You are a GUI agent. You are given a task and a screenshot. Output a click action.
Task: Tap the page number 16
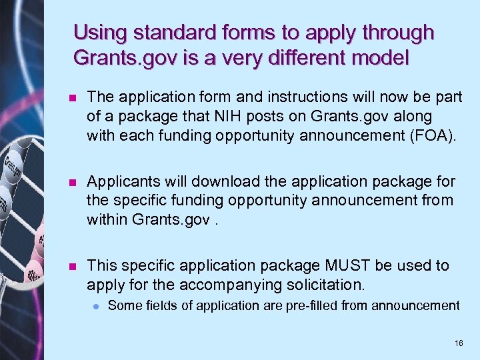coord(458,343)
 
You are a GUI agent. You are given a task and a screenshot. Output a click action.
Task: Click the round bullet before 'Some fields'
coord(96,306)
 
